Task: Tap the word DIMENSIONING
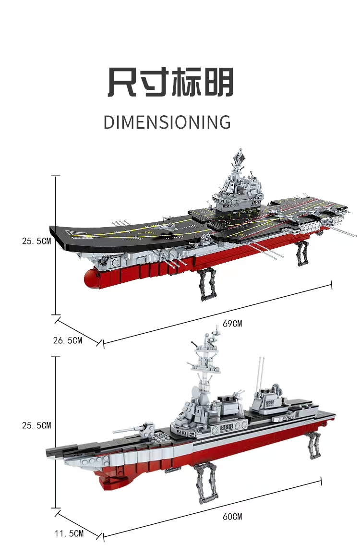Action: click(x=167, y=122)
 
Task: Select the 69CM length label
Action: click(x=232, y=324)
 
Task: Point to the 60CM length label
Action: click(x=232, y=517)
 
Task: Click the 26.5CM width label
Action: click(x=67, y=340)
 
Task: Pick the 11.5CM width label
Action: click(x=69, y=533)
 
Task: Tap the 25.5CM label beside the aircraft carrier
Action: click(x=36, y=241)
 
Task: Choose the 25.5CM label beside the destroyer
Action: click(x=36, y=425)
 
